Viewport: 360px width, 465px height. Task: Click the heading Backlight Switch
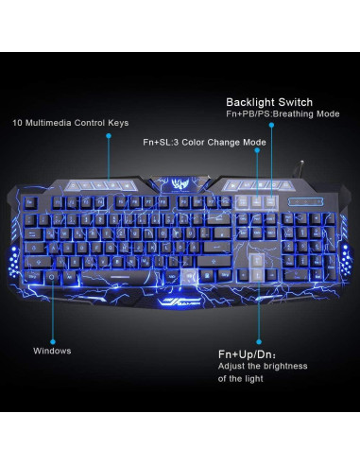268,102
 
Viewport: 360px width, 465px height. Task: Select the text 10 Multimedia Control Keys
71,124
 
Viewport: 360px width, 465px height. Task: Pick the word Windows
52,351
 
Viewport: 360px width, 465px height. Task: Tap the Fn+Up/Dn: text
243,353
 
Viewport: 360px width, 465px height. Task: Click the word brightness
285,365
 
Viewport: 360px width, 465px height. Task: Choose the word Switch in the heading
296,102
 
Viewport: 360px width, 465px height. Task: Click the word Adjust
231,365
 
